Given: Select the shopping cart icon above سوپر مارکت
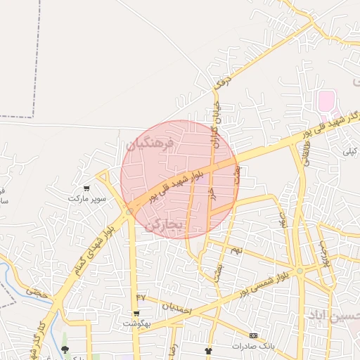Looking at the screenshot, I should coord(86,188).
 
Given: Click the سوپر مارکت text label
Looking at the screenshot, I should coord(87,199).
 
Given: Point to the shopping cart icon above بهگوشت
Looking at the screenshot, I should coord(136,314).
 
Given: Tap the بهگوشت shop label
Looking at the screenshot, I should coord(136,324).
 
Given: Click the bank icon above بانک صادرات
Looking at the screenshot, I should coord(253,335).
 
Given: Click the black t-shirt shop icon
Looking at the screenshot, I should coord(207,349).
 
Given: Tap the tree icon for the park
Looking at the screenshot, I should coord(65,349).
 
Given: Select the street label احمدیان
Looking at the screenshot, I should coord(176,307).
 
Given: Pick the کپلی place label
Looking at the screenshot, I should coord(349,150).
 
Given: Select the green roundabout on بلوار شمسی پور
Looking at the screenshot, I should coord(300,271).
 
